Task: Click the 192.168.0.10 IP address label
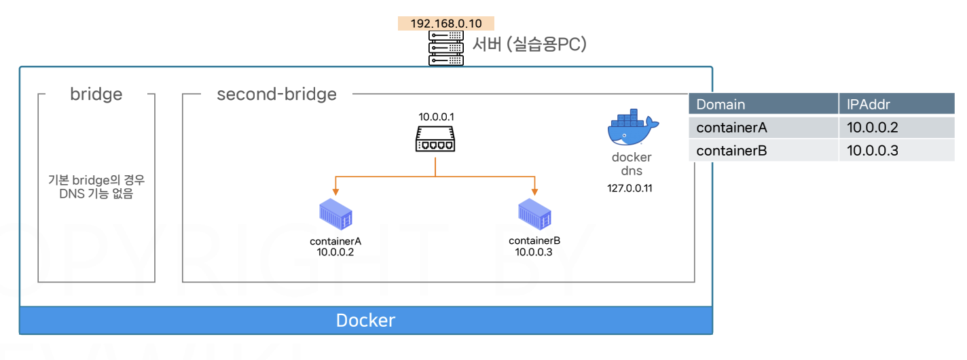pos(446,23)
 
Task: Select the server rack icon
pos(446,48)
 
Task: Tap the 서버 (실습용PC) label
pos(529,44)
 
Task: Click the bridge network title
pos(96,94)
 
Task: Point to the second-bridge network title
pos(276,94)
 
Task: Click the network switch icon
pos(435,139)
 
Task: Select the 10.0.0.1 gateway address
pos(436,117)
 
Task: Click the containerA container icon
pos(335,214)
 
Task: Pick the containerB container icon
pos(534,214)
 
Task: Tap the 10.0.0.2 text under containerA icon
pos(335,252)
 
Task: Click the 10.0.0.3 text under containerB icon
pos(534,252)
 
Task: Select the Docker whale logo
pos(633,127)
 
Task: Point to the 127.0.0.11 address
pos(630,188)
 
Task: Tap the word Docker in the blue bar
pos(365,321)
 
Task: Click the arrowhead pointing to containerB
pos(534,192)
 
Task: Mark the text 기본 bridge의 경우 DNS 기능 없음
pos(96,187)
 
